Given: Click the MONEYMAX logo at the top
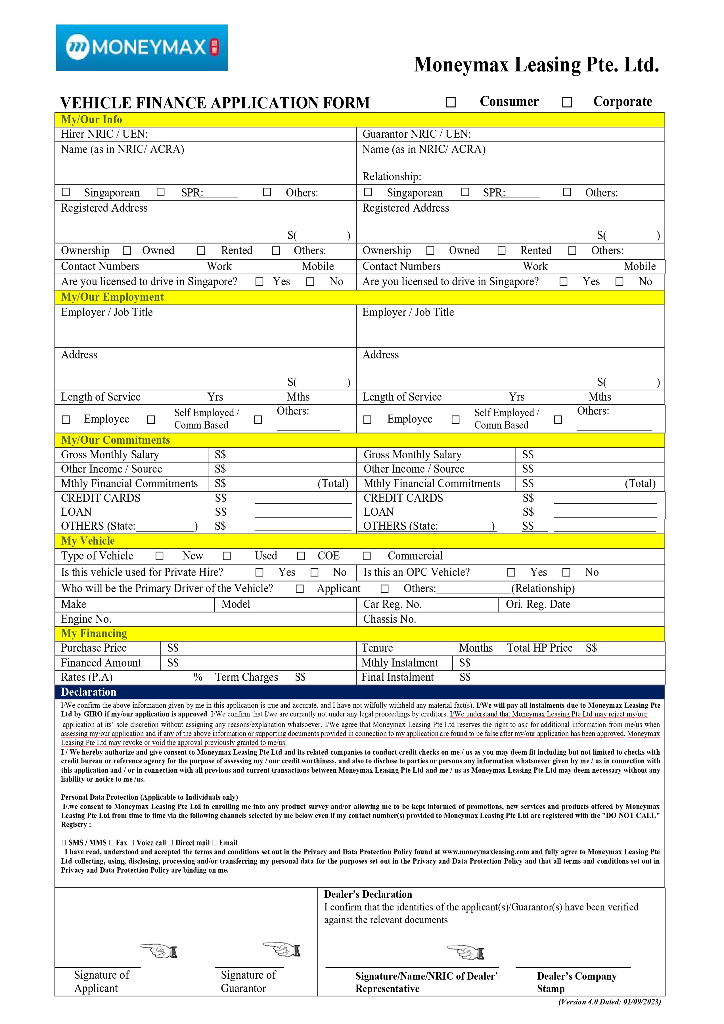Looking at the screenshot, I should point(142,48).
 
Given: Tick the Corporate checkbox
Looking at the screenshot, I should point(567,103).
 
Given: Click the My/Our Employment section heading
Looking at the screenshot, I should point(112,297).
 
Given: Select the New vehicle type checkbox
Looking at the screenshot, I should point(159,556).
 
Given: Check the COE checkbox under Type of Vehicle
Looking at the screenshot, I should point(301,556).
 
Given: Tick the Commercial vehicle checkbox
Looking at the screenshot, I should point(367,556).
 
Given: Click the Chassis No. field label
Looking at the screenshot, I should point(389,619).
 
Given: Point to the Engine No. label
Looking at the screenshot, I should point(86,619).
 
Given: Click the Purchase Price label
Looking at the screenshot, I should point(94,648).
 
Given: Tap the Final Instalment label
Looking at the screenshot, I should point(397,678).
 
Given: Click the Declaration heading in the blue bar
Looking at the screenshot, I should point(89,692).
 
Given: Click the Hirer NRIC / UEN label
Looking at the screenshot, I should point(104,134).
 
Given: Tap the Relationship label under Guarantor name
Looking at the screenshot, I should point(392,177).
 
